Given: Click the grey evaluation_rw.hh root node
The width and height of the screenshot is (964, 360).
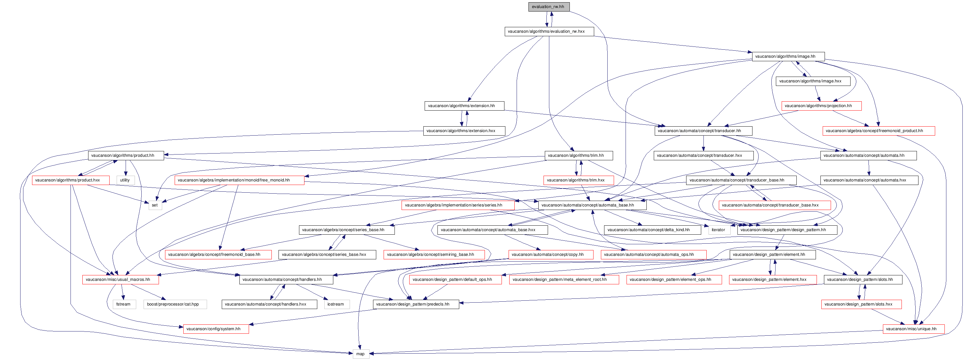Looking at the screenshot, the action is coord(549,7).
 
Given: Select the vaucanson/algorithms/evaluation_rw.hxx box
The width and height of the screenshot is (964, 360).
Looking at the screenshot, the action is coord(549,31).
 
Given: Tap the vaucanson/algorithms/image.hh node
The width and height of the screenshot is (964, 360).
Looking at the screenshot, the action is coord(788,56).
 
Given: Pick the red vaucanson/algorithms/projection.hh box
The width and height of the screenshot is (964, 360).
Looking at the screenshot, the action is coord(821,106).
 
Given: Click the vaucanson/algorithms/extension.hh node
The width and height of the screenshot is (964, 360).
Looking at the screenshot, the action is coord(464,106).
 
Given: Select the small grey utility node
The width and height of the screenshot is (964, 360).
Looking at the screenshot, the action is coord(125,180).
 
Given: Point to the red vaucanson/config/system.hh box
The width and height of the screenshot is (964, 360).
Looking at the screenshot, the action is coord(216,329).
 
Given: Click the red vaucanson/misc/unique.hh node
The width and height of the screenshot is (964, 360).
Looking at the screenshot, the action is coord(913,329).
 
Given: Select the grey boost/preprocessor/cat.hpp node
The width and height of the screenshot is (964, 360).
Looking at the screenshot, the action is coord(175,304).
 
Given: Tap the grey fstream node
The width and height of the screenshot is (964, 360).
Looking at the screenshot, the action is coord(123,304).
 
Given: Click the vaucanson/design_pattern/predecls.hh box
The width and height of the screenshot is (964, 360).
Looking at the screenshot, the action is coord(416,304).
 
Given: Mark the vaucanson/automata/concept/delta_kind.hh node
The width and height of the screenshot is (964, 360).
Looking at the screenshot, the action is coord(652,230).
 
